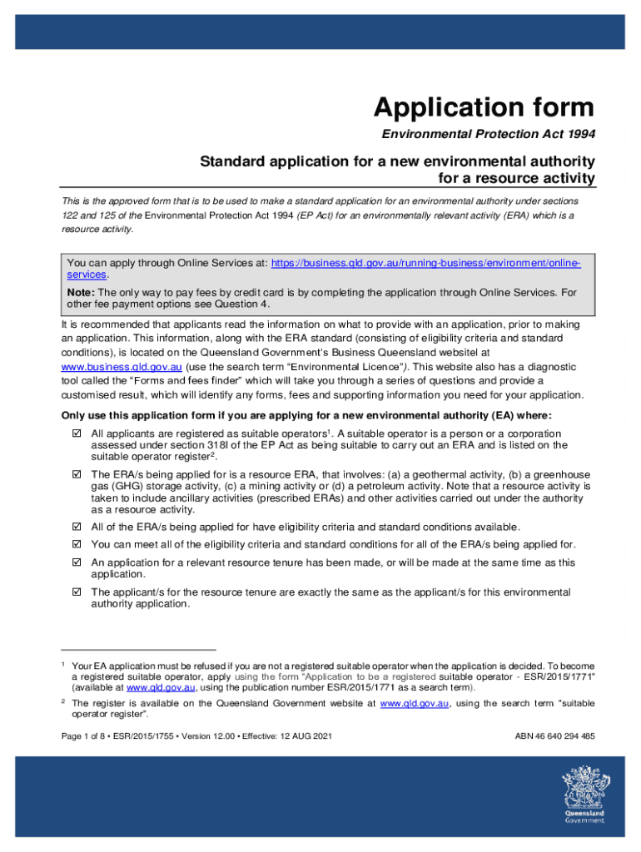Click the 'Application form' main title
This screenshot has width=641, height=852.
484,107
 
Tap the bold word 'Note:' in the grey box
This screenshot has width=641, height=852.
81,293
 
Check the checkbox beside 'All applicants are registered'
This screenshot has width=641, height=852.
77,433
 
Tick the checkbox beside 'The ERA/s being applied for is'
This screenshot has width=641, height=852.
77,473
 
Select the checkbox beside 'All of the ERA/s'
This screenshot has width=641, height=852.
77,527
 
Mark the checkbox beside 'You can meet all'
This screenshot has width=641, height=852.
77,544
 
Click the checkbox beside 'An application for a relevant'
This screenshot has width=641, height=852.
77,562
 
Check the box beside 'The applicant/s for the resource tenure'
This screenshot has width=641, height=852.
77,592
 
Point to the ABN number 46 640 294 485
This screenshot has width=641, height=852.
556,736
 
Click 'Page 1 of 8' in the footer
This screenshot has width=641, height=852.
88,736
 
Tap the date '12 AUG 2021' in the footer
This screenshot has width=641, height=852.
298,736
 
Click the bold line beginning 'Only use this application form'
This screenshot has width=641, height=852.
306,416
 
